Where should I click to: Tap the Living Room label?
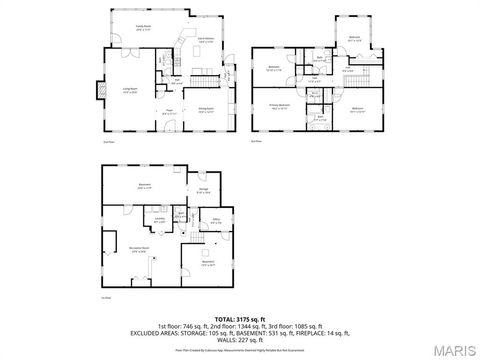(x=131, y=91)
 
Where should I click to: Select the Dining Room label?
(x=206, y=110)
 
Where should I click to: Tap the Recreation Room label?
(x=139, y=249)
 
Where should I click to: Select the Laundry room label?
(x=160, y=221)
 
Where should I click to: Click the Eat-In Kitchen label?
(x=206, y=38)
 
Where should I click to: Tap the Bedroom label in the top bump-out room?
(x=355, y=39)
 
